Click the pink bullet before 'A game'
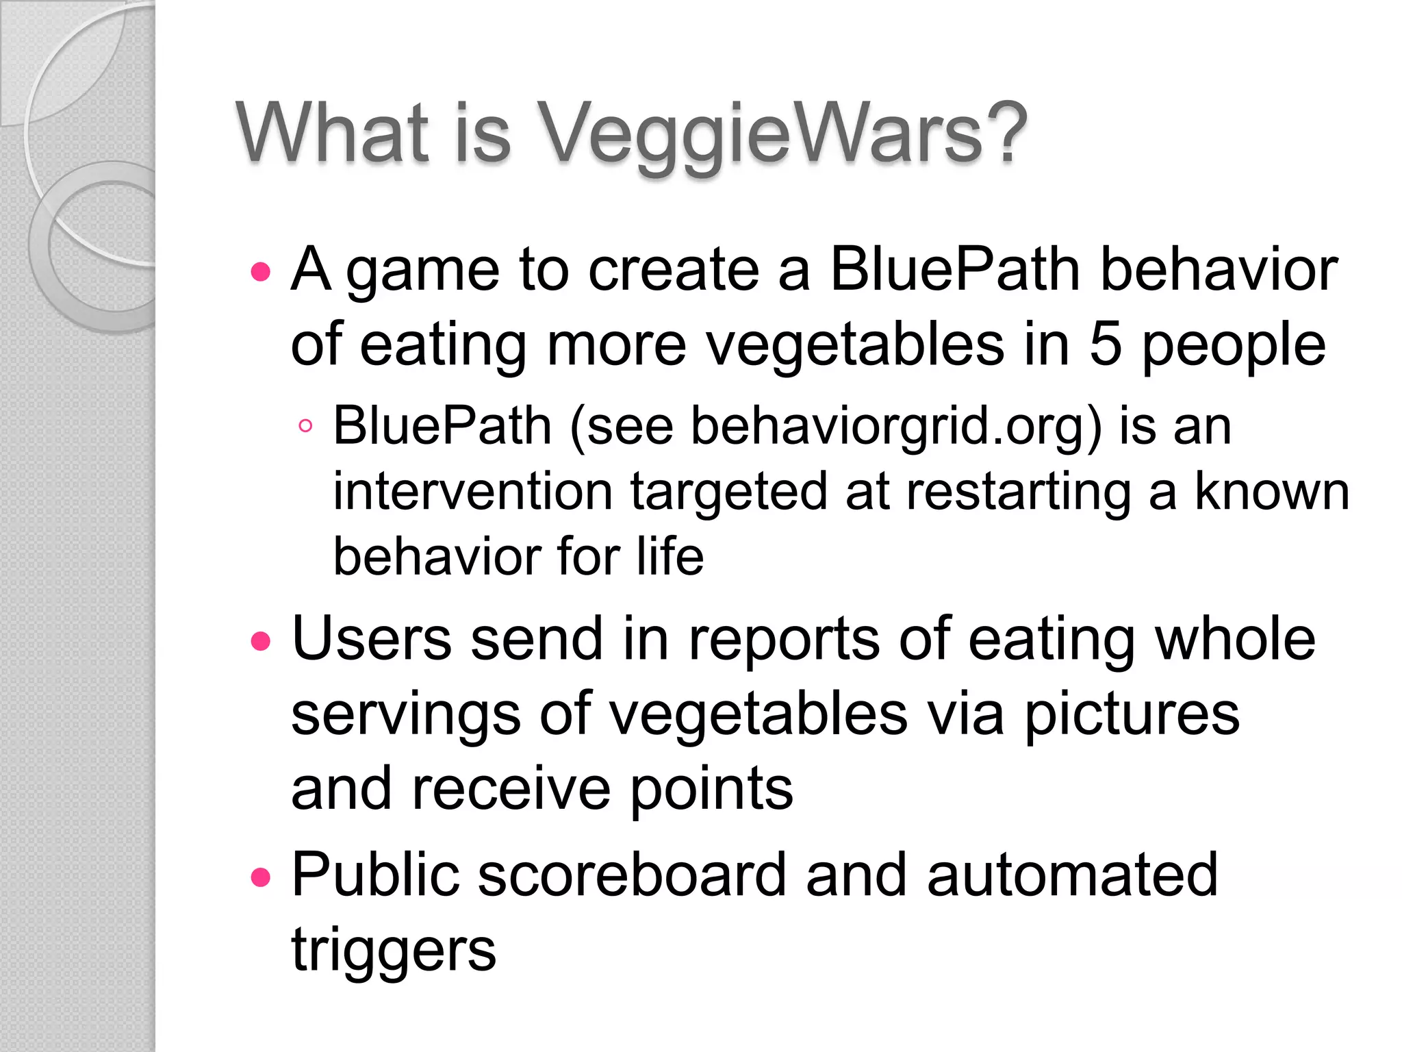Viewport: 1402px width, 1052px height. pos(261,273)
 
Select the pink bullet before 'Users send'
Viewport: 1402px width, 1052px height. pos(261,642)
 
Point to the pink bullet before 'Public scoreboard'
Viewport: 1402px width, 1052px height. pos(261,877)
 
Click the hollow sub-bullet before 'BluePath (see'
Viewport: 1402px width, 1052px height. pos(306,426)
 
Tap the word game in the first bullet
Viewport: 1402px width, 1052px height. pos(422,273)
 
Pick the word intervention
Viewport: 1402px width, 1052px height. pos(472,492)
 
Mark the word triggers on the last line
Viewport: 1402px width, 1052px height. pos(394,952)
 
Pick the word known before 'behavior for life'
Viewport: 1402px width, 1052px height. pos(1271,492)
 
